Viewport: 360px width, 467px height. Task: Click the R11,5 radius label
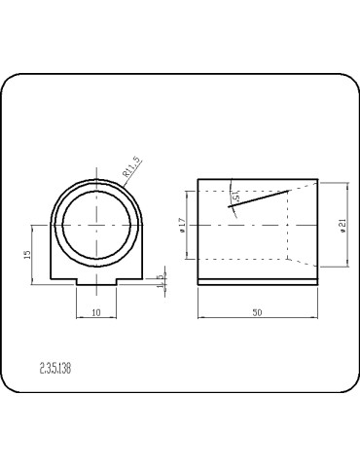click(x=132, y=166)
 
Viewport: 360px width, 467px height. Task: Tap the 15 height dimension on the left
click(x=27, y=254)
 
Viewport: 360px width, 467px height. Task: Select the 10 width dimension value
click(x=96, y=312)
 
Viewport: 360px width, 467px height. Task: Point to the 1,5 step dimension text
click(x=161, y=281)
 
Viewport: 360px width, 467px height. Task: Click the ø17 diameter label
click(x=182, y=225)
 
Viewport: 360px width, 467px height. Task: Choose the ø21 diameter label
click(x=342, y=226)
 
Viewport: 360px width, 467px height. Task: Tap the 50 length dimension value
click(x=257, y=312)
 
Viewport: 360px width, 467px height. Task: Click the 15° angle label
click(x=235, y=197)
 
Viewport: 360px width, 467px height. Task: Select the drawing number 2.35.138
click(x=55, y=369)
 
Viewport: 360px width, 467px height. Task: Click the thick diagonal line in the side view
click(x=259, y=198)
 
